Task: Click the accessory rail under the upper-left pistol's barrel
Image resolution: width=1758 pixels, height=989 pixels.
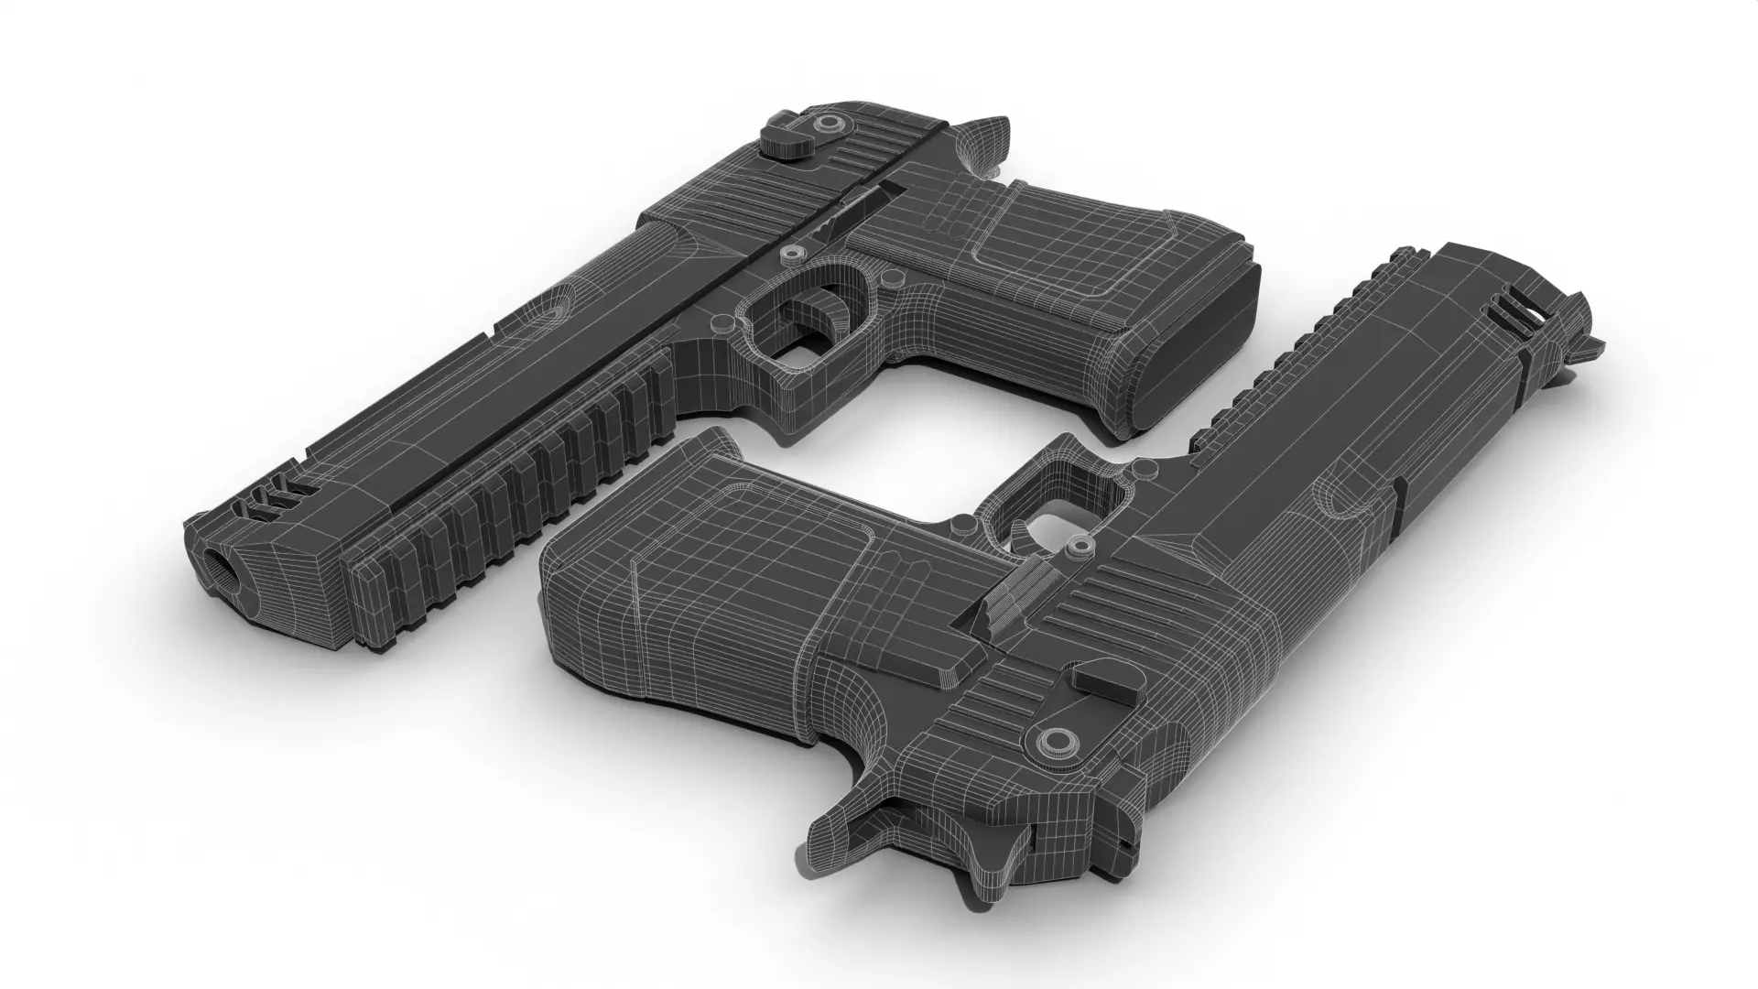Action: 513,476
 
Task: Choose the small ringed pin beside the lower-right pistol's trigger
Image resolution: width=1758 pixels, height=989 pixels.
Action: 1080,548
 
